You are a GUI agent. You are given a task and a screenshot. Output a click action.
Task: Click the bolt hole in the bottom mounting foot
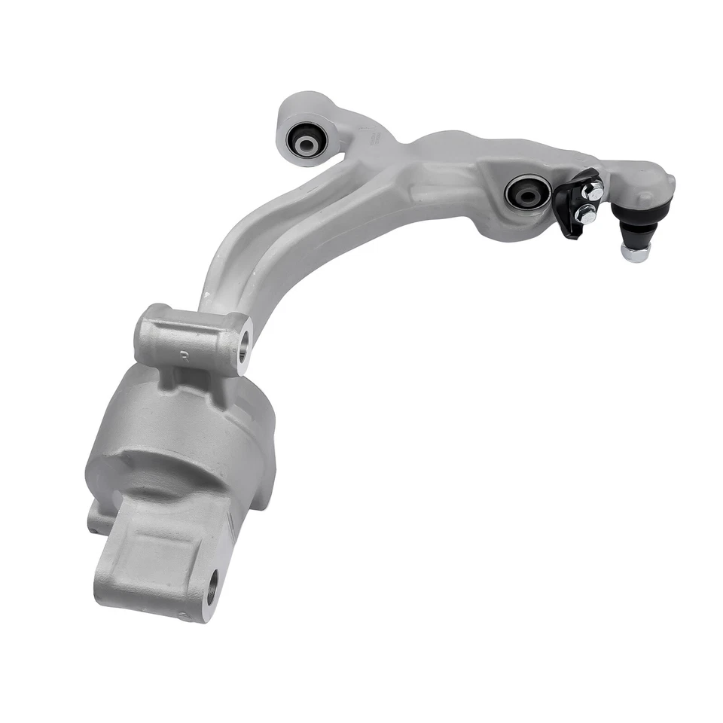pos(213,588)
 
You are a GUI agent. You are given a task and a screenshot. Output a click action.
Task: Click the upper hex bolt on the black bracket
pos(593,191)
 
